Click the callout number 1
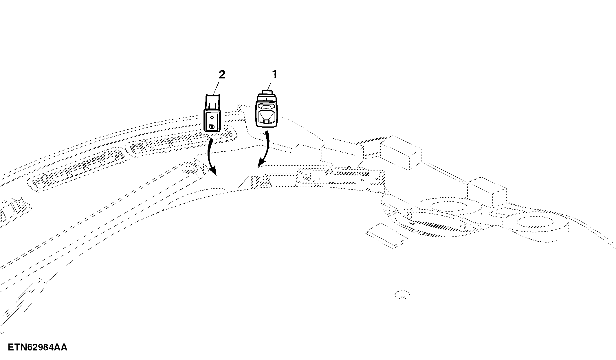tap(275, 74)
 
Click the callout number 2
tap(222, 75)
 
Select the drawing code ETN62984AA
tap(37, 347)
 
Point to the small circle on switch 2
tap(212, 117)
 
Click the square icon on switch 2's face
tap(212, 126)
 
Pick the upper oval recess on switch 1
tap(265, 106)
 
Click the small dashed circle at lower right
tap(402, 294)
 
